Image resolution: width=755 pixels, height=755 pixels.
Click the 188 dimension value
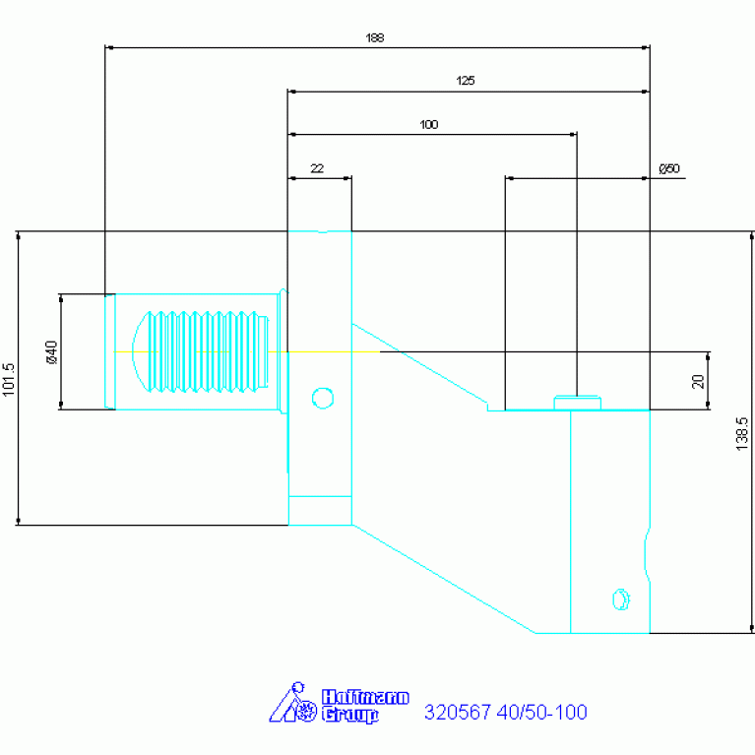tap(375, 37)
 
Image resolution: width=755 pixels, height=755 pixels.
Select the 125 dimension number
tap(466, 81)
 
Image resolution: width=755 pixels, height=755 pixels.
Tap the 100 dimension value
tap(428, 125)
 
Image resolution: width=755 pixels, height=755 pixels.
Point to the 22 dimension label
tap(317, 168)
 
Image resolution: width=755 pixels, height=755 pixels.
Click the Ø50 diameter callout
tap(669, 168)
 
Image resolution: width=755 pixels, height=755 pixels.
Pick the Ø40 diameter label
tap(51, 352)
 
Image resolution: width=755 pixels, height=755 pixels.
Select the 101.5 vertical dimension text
tap(9, 379)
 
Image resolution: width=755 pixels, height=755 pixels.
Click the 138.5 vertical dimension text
tap(742, 434)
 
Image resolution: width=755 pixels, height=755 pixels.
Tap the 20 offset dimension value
tap(698, 381)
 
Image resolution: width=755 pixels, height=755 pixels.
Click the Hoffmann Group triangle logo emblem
tap(292, 703)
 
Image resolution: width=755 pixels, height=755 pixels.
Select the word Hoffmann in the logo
tap(365, 697)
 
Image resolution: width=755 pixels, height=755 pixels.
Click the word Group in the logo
tap(350, 715)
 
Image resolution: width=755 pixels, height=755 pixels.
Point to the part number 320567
tap(458, 712)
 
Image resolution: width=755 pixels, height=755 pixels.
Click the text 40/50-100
tap(542, 712)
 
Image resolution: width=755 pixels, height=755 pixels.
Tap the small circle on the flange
tap(323, 399)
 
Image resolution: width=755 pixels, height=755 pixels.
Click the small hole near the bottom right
tap(621, 599)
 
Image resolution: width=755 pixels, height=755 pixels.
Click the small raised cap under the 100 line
tap(578, 403)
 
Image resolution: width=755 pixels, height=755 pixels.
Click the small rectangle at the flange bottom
tap(320, 511)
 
